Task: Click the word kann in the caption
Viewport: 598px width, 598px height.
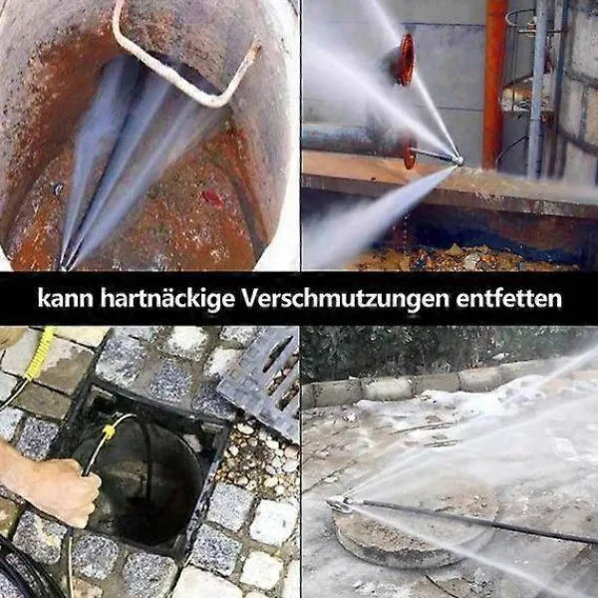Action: click(65, 298)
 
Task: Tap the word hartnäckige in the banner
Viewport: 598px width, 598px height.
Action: click(167, 299)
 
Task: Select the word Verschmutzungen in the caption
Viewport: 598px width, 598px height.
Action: click(345, 299)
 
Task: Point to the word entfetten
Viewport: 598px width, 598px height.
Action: click(508, 298)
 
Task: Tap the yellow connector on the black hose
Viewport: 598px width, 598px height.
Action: click(109, 431)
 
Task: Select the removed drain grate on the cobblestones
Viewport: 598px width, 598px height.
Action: click(258, 382)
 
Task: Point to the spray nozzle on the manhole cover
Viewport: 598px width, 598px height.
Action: click(340, 503)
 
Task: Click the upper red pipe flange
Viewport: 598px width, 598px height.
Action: click(405, 59)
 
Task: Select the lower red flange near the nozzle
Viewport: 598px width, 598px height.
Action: click(410, 151)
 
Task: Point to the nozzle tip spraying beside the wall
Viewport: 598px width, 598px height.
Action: click(459, 160)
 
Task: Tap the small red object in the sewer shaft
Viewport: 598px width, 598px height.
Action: click(212, 198)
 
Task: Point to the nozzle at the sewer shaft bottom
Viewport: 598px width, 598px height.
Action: click(64, 265)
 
